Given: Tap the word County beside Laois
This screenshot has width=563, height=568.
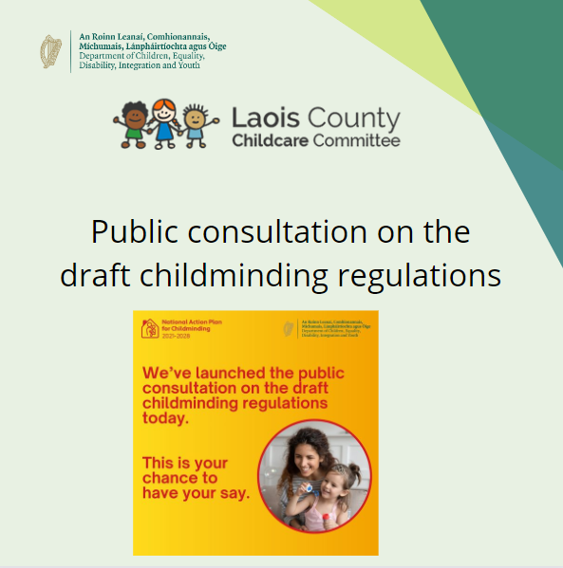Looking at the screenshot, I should click(x=354, y=120).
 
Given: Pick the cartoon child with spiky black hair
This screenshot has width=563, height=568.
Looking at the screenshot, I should click(x=195, y=120).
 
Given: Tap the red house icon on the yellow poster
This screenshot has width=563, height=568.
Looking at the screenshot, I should click(x=148, y=328).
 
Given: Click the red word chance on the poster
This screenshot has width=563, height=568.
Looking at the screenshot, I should click(x=169, y=479).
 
